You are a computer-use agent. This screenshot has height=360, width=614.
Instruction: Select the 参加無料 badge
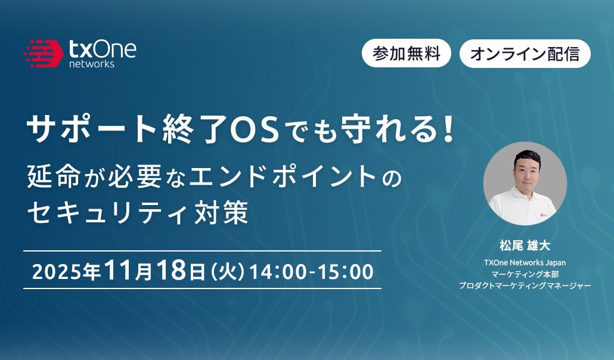407,54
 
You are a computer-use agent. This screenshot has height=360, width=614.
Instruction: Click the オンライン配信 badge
525,54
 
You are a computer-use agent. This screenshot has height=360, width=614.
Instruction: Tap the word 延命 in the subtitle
51,178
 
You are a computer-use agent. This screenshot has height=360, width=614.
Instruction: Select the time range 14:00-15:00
312,271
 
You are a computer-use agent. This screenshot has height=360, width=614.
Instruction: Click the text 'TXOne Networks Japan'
525,262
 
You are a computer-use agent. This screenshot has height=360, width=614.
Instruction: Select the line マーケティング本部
525,274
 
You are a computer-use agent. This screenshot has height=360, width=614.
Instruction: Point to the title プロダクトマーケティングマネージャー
525,286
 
